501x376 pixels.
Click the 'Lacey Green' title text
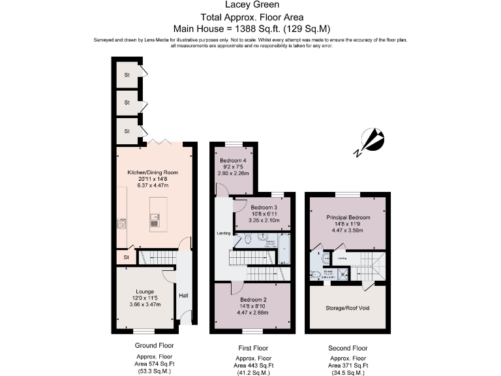(250, 7)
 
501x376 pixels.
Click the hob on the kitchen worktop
(122, 224)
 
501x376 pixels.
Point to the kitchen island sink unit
(155, 221)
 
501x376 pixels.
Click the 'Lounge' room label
(144, 291)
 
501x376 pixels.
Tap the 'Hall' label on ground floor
(183, 296)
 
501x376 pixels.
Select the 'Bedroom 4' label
(233, 161)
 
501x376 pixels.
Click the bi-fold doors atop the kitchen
(155, 142)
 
